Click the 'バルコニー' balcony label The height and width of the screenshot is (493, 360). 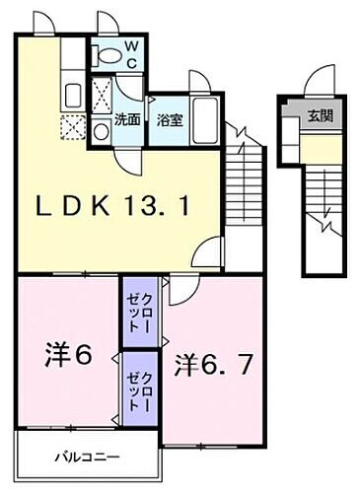pyautogui.click(x=85, y=458)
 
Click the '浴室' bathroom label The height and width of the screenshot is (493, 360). pyautogui.click(x=169, y=120)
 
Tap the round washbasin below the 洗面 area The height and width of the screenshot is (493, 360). pyautogui.click(x=102, y=132)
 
